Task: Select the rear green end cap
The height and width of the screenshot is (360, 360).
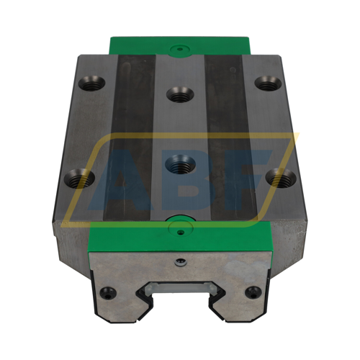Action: (178, 45)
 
